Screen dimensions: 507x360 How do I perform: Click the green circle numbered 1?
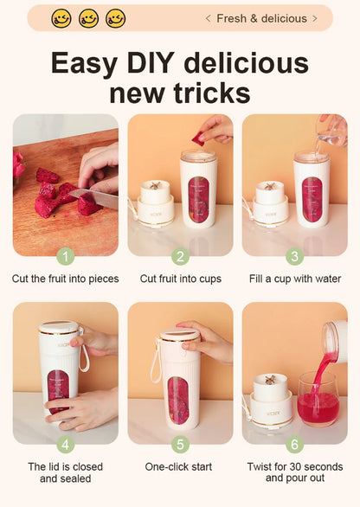(66, 256)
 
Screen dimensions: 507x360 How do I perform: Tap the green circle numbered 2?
(180, 256)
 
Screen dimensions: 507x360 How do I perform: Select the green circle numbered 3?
(294, 256)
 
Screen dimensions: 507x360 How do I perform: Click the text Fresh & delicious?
(261, 18)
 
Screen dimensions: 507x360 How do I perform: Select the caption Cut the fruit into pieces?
(66, 279)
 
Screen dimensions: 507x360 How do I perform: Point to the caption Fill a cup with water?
(294, 279)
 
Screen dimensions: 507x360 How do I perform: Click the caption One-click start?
(180, 466)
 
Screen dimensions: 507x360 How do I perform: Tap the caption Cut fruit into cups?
(180, 279)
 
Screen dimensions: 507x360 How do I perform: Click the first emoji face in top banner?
(61, 18)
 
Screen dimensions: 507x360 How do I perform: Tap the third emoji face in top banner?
(115, 18)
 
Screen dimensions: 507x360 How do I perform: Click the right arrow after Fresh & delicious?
(315, 18)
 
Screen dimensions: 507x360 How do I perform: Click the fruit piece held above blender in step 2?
(198, 138)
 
